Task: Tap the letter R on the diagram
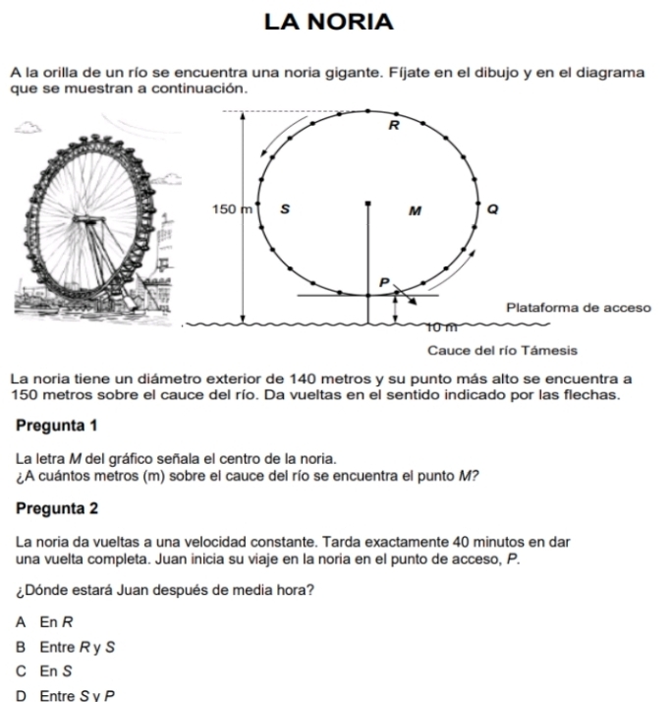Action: coord(395,126)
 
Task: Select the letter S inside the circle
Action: coord(285,208)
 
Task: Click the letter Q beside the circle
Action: coord(492,208)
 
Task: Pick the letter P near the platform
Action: coord(385,282)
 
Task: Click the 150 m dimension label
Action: coord(232,208)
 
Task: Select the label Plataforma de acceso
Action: coord(578,307)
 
